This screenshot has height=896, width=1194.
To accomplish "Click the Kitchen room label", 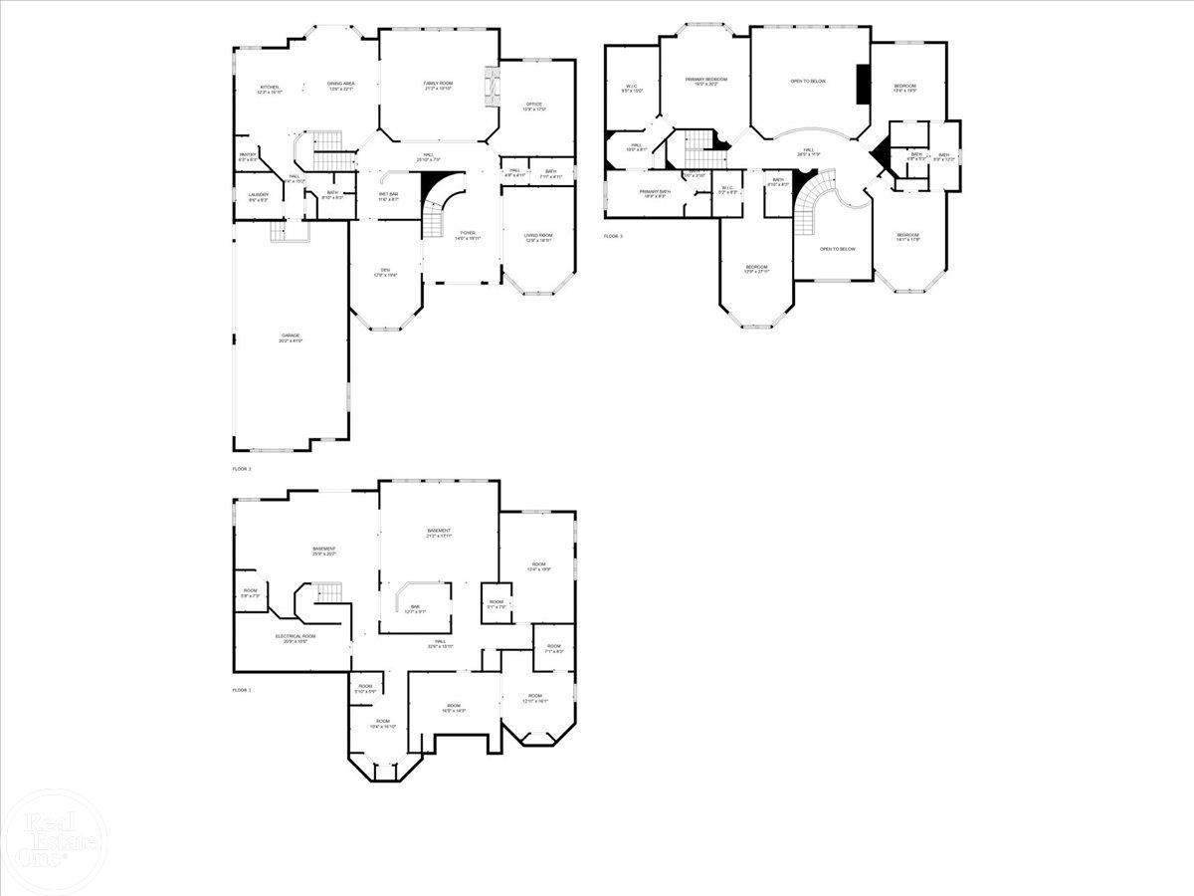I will coord(270,87).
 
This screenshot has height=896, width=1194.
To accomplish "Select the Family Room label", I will coord(438,84).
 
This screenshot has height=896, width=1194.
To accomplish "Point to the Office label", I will coord(533,104).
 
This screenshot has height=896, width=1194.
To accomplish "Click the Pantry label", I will coord(248,154).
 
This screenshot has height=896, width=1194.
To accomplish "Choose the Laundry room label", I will coord(259,194).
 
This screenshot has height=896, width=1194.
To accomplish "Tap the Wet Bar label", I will coord(388,194).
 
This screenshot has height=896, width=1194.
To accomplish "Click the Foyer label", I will coord(467,234).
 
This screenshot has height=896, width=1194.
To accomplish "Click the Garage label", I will coord(291,336).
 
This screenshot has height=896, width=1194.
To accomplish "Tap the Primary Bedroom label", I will coord(705,79).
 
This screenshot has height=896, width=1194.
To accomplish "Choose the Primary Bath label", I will coord(655,191).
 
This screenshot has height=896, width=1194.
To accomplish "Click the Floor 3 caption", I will coord(613,236).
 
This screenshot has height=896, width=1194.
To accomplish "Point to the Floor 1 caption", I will coord(242,689).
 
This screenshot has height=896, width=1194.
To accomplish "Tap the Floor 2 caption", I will coord(242,468).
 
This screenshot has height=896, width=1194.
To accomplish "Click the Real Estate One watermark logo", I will coord(50,841).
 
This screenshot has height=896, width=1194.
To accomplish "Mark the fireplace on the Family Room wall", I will coord(490,88).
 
